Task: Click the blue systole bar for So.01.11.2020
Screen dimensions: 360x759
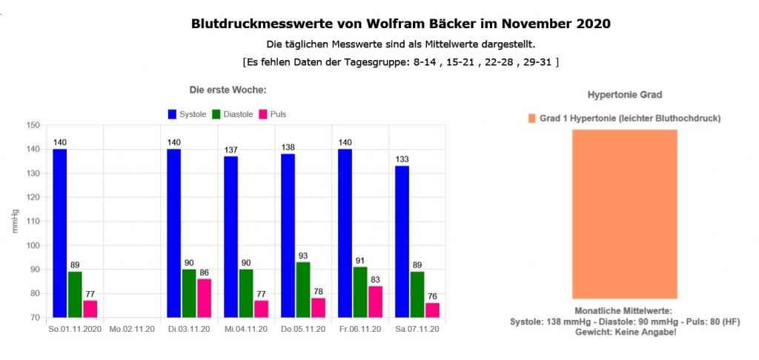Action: pyautogui.click(x=60, y=233)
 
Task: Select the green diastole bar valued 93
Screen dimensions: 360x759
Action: pyautogui.click(x=303, y=289)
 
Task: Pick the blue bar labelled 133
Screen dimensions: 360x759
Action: pyautogui.click(x=402, y=241)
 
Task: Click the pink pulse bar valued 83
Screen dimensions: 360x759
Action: pyautogui.click(x=376, y=301)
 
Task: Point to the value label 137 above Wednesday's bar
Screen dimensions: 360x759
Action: pyautogui.click(x=231, y=150)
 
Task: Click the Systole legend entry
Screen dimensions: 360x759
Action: pyautogui.click(x=187, y=114)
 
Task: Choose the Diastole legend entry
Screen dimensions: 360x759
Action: pyautogui.click(x=233, y=114)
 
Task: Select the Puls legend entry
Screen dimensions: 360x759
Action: pyautogui.click(x=273, y=114)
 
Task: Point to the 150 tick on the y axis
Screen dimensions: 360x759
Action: pyautogui.click(x=32, y=125)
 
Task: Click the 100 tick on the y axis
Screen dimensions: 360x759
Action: pyautogui.click(x=32, y=245)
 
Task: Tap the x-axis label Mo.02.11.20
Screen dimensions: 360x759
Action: pyautogui.click(x=132, y=329)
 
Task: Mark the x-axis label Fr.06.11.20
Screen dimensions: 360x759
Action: pyautogui.click(x=360, y=329)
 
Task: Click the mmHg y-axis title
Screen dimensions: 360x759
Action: pyautogui.click(x=16, y=221)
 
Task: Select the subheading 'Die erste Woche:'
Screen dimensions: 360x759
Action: pyautogui.click(x=228, y=90)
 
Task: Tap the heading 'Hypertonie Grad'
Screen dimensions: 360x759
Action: pyautogui.click(x=624, y=95)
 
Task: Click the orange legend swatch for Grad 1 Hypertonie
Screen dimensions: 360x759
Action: pyautogui.click(x=531, y=119)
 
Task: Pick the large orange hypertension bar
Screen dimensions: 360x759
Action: pyautogui.click(x=624, y=214)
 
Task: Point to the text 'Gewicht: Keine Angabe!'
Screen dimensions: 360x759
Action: pyautogui.click(x=625, y=332)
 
